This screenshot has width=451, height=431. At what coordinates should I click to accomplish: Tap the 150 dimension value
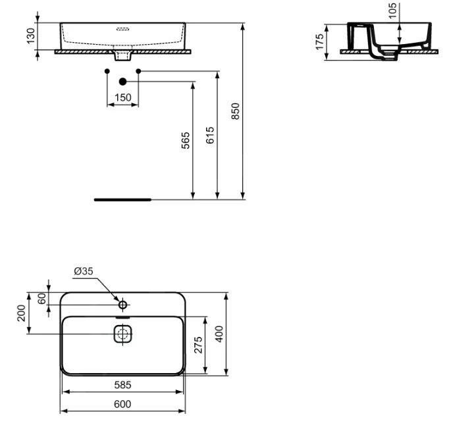pyautogui.click(x=122, y=97)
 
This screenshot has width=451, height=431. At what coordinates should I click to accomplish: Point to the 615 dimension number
pyautogui.click(x=210, y=136)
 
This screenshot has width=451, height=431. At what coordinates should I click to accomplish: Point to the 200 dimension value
pyautogui.click(x=21, y=313)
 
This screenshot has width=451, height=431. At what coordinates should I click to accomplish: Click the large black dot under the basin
pyautogui.click(x=122, y=81)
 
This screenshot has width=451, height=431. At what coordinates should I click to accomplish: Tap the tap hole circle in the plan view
pyautogui.click(x=122, y=305)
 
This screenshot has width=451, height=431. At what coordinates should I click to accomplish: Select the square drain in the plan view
pyautogui.click(x=122, y=334)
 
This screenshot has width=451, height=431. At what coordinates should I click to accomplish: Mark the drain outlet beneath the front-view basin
pyautogui.click(x=122, y=56)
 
